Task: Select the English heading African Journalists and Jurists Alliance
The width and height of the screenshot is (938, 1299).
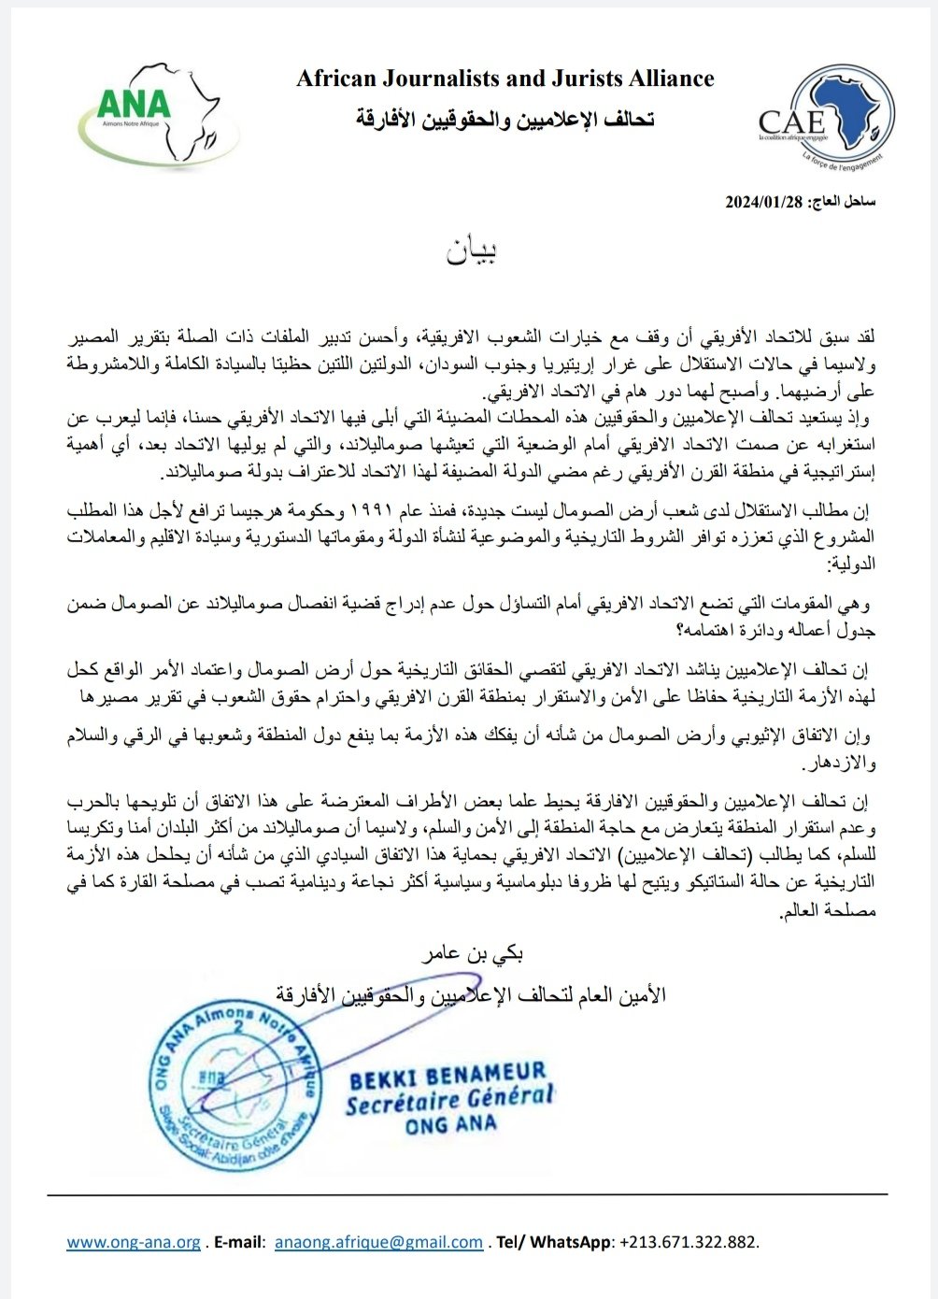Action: [505, 79]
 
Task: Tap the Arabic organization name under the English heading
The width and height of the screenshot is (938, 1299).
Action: [505, 119]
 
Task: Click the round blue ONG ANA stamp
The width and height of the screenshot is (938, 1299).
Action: [228, 1084]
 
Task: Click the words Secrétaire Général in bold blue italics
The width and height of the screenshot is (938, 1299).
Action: [449, 1100]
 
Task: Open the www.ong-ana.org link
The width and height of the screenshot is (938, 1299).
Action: [134, 1242]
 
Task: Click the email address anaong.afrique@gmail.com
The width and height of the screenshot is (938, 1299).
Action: [378, 1242]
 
